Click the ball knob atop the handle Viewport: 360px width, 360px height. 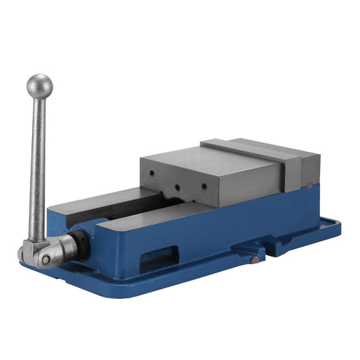39,85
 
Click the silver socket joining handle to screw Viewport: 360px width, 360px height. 63,248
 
